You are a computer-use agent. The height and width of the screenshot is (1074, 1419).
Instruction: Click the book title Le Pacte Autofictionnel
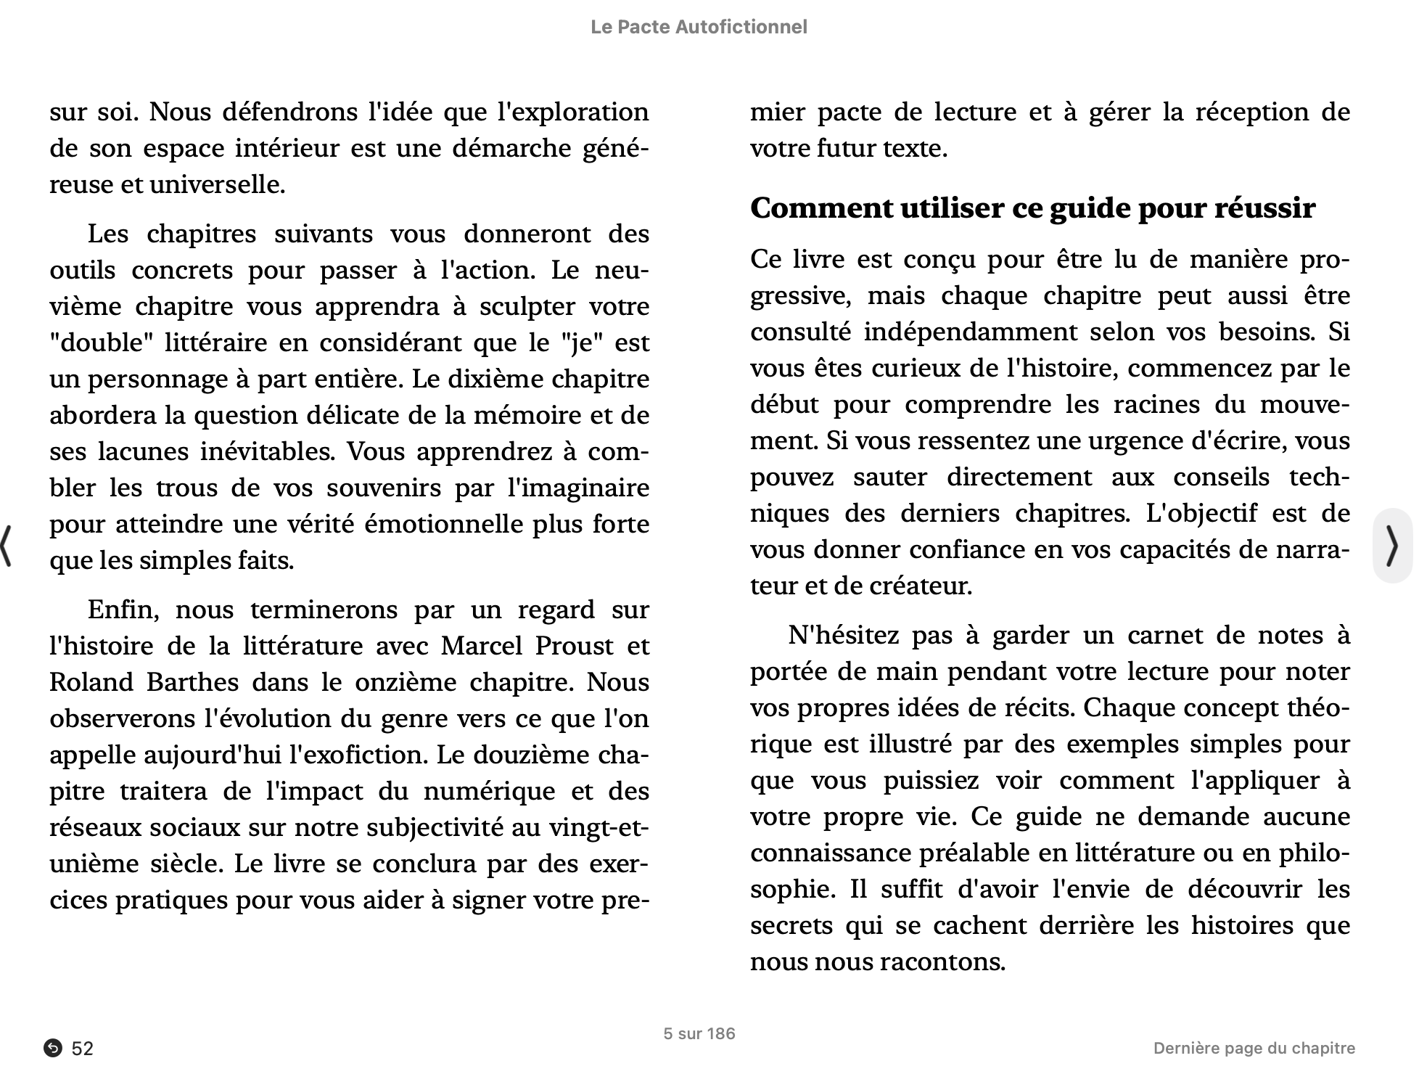tap(698, 27)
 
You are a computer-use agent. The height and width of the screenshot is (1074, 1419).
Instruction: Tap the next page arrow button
tap(1391, 546)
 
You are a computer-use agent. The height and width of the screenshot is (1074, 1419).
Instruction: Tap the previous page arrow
tap(7, 546)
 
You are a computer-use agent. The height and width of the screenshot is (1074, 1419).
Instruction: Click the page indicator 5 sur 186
tap(699, 1033)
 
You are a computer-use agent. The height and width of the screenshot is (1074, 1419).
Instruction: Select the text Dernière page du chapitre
tap(1254, 1048)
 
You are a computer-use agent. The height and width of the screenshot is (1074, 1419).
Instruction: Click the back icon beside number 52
tap(52, 1048)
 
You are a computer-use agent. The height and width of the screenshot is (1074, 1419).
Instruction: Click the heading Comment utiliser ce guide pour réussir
tap(1032, 208)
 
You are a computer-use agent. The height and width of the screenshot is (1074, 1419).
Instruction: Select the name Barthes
tap(192, 682)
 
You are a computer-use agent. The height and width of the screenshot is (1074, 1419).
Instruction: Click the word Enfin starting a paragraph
tap(122, 610)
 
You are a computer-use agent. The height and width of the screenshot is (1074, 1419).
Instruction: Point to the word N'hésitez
tap(842, 635)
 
